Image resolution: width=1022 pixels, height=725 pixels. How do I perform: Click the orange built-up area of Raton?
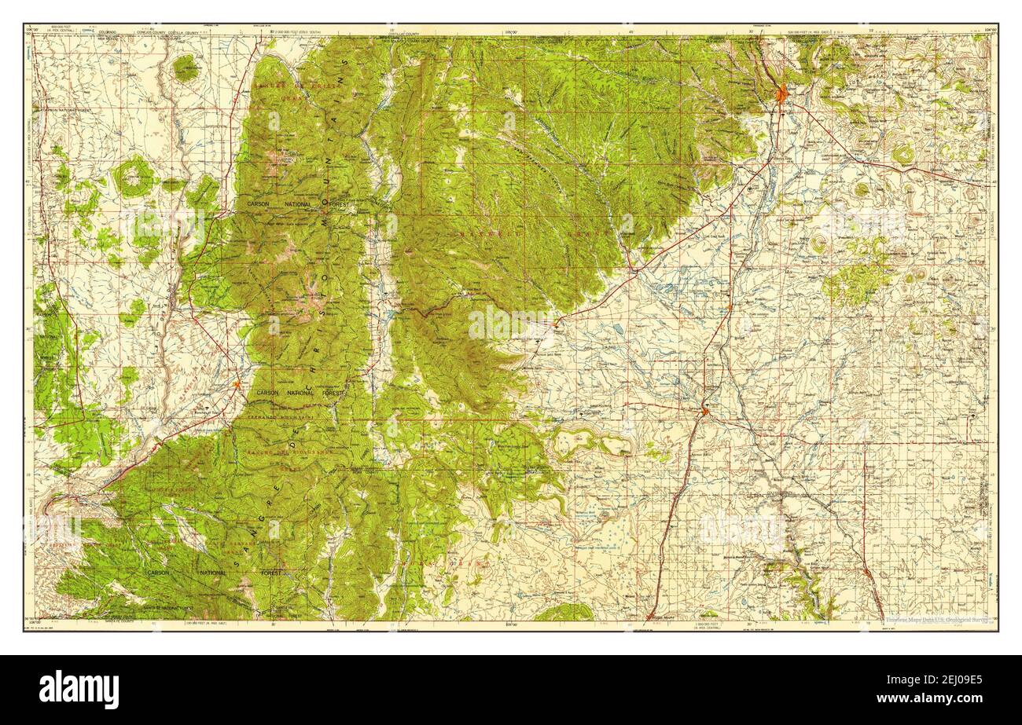pos(781,95)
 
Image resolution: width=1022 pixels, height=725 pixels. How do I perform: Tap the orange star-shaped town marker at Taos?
pos(237,384)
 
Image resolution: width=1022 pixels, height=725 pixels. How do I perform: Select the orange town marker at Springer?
pos(705,410)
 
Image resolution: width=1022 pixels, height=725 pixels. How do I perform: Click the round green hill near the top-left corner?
pos(185,68)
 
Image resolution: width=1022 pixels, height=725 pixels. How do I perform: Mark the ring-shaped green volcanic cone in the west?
pos(134,176)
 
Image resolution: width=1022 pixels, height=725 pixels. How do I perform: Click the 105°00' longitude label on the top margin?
pos(511,32)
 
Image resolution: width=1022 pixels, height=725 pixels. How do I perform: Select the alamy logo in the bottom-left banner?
pos(79,689)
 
